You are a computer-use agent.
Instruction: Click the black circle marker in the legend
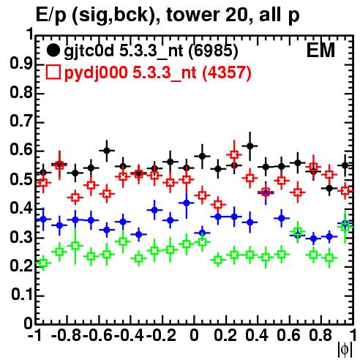click(x=53, y=50)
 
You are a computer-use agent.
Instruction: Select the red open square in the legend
click(x=53, y=72)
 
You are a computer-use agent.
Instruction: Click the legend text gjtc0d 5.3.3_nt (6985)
click(x=151, y=51)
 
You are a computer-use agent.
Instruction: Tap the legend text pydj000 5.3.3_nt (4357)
click(x=158, y=73)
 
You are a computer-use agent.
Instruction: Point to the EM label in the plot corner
click(x=320, y=50)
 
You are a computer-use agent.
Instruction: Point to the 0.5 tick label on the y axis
click(x=21, y=179)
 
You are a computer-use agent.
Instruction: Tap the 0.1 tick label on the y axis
click(x=22, y=295)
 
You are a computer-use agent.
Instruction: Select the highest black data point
click(x=250, y=146)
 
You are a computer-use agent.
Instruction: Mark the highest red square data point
click(x=234, y=154)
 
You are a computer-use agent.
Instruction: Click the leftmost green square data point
click(x=43, y=263)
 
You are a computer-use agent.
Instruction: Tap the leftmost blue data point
click(x=43, y=219)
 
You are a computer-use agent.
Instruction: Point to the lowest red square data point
click(x=218, y=204)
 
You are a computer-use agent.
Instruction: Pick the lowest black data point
click(x=329, y=188)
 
